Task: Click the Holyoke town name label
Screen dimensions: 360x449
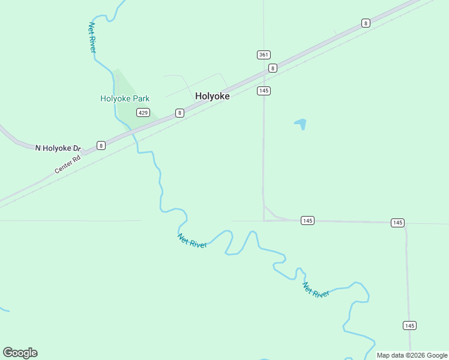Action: pyautogui.click(x=212, y=96)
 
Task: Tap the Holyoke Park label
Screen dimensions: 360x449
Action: pyautogui.click(x=125, y=98)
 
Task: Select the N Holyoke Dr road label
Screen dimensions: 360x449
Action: pyautogui.click(x=58, y=148)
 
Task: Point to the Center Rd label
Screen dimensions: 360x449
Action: pyautogui.click(x=67, y=166)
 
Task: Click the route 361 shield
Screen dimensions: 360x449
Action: pyautogui.click(x=264, y=55)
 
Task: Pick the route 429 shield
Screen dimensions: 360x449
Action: pyautogui.click(x=143, y=113)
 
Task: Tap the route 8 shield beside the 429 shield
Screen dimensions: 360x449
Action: pyautogui.click(x=179, y=113)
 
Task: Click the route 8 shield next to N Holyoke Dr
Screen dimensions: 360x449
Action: pyautogui.click(x=101, y=145)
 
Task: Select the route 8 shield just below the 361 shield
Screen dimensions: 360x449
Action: pyautogui.click(x=273, y=68)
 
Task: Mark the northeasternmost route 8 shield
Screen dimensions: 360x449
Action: pyautogui.click(x=366, y=23)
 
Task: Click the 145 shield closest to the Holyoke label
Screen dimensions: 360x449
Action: pyautogui.click(x=264, y=91)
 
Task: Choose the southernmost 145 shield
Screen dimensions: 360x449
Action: pyautogui.click(x=409, y=325)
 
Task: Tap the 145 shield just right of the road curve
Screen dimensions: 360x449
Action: pyautogui.click(x=307, y=221)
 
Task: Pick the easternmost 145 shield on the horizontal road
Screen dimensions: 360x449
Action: pyautogui.click(x=397, y=223)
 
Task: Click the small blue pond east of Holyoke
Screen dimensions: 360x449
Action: pyautogui.click(x=301, y=124)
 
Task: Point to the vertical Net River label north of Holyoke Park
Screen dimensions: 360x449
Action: pyautogui.click(x=92, y=37)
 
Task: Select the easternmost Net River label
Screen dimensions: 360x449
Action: pyautogui.click(x=316, y=289)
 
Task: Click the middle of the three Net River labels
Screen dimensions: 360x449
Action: pyautogui.click(x=192, y=241)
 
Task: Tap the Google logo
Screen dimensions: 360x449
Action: pyautogui.click(x=20, y=353)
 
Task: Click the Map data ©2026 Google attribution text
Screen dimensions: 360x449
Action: pyautogui.click(x=412, y=355)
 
